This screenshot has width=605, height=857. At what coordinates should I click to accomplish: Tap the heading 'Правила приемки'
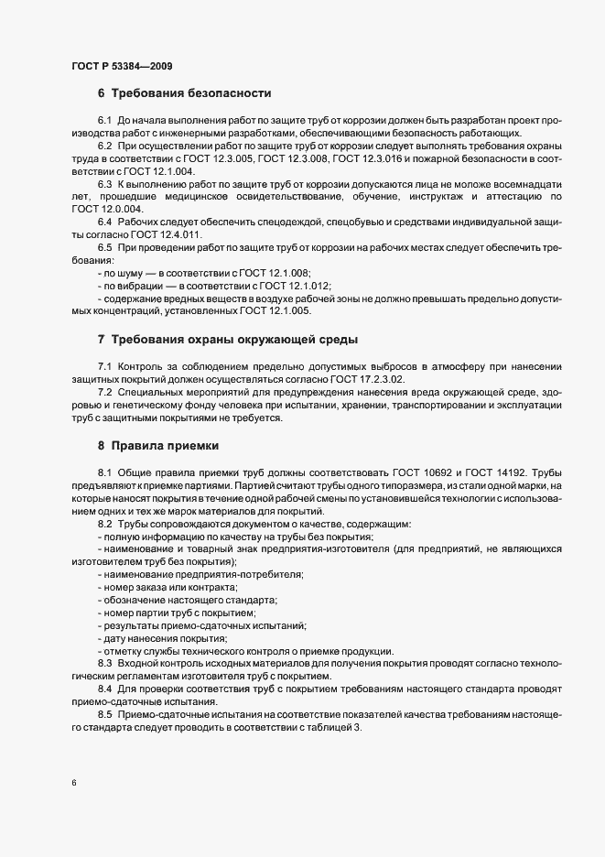point(165,446)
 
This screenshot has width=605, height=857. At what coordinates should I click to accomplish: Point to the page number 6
point(73,783)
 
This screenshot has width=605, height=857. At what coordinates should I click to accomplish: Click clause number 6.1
point(104,121)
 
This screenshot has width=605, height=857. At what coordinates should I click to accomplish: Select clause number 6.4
point(104,222)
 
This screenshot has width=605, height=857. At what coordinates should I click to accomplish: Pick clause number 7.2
point(104,392)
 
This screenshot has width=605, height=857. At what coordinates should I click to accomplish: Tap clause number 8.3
point(104,661)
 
